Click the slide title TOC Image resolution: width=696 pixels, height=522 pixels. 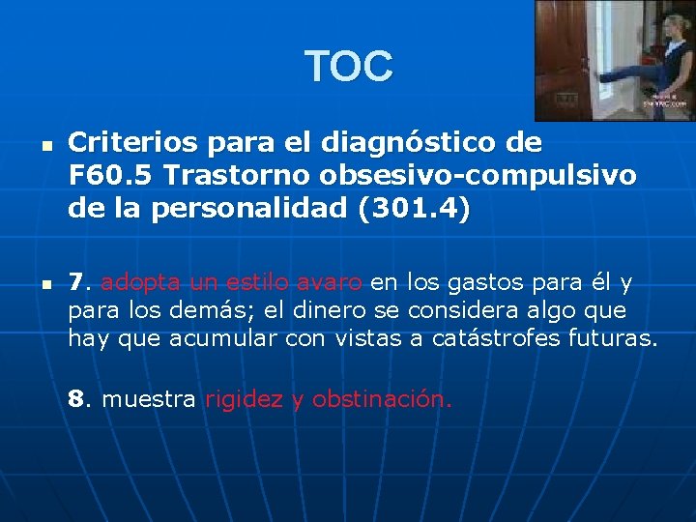[x=349, y=67]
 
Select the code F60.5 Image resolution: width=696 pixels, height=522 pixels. [x=107, y=177]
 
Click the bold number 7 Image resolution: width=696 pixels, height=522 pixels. [x=76, y=283]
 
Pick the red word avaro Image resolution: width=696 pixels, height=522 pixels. [x=329, y=283]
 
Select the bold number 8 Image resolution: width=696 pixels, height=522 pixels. [x=76, y=399]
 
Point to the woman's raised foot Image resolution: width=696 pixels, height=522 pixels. [x=606, y=77]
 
